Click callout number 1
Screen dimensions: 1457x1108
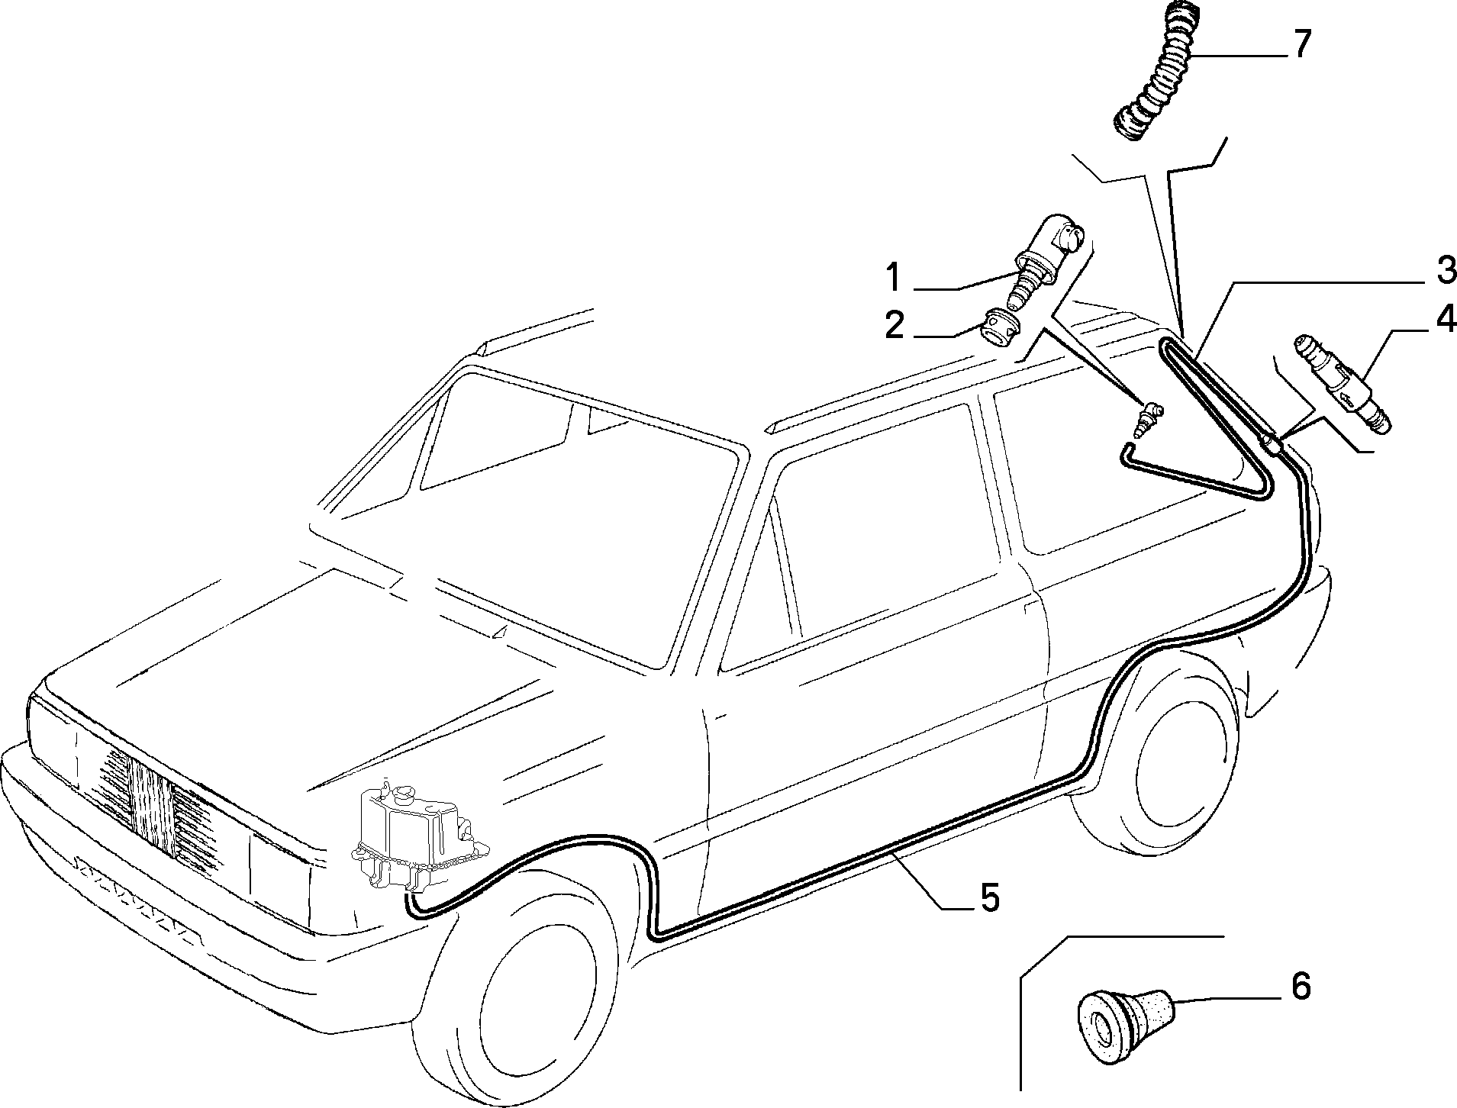[894, 278]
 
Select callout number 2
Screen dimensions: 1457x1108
[895, 326]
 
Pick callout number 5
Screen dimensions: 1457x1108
[989, 897]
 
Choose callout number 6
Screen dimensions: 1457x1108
[1301, 987]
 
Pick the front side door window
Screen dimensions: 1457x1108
[874, 534]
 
